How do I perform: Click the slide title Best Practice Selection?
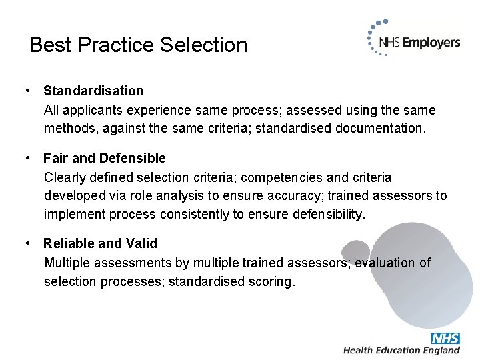[x=139, y=45]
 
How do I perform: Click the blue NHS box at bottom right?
[x=445, y=338]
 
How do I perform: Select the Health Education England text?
[x=401, y=351]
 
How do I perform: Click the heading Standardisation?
[x=93, y=91]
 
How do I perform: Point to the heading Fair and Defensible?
[x=105, y=158]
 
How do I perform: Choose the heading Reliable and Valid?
[x=101, y=244]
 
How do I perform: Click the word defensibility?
[x=322, y=215]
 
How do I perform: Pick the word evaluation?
[x=386, y=263]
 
